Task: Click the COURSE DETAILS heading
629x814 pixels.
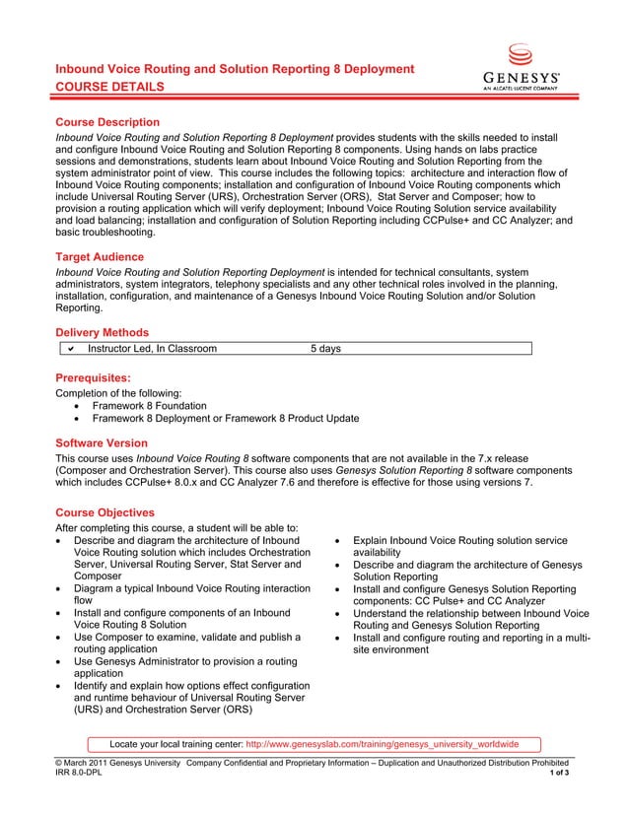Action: (x=109, y=88)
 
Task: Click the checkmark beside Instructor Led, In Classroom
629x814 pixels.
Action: (x=71, y=348)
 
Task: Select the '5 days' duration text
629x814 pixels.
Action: (x=326, y=348)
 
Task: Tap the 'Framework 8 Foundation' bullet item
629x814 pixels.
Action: (x=149, y=406)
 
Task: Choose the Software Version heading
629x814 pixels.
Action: (x=102, y=443)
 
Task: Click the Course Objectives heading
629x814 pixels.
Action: (x=105, y=512)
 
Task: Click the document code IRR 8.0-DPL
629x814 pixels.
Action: (x=79, y=774)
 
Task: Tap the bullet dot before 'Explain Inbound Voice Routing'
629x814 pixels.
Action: (x=339, y=541)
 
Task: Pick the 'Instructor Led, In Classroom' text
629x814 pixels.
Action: (x=152, y=348)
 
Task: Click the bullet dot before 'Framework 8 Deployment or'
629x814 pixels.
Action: (x=79, y=419)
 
